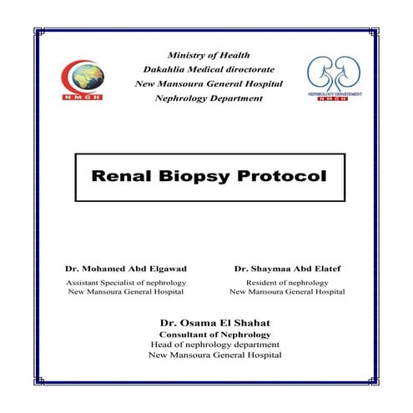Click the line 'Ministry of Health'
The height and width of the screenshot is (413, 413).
click(209, 55)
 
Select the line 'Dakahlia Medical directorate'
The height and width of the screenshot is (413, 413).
click(209, 69)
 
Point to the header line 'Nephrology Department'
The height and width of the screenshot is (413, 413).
click(209, 98)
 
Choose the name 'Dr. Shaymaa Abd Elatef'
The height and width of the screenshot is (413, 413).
click(288, 269)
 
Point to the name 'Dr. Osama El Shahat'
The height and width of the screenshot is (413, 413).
click(209, 323)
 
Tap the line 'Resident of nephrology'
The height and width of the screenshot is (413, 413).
click(288, 283)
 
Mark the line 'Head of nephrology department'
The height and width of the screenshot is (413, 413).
click(209, 345)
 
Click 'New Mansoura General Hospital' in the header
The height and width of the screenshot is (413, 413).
click(209, 84)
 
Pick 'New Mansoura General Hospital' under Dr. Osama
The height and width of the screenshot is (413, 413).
click(209, 355)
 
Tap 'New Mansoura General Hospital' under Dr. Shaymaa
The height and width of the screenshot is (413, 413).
click(288, 292)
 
